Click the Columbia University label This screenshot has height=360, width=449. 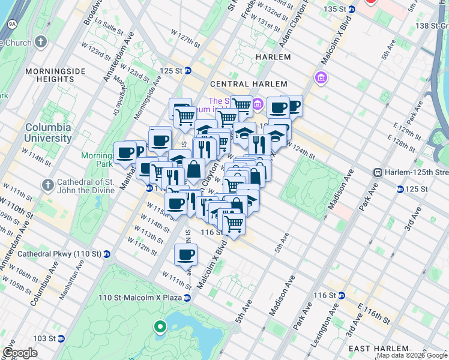pyautogui.click(x=47, y=133)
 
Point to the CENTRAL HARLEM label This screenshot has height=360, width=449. pyautogui.click(x=249, y=84)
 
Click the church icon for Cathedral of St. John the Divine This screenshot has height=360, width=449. pyautogui.click(x=47, y=183)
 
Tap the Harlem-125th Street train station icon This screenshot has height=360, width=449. pyautogui.click(x=378, y=172)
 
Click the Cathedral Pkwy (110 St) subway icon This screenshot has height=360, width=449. pyautogui.click(x=106, y=254)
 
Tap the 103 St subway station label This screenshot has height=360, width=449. pyautogui.click(x=44, y=338)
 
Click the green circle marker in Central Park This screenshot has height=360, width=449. pyautogui.click(x=160, y=327)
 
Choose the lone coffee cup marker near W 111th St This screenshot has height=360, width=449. pyautogui.click(x=185, y=255)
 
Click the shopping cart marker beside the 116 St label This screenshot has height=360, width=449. pyautogui.click(x=234, y=224)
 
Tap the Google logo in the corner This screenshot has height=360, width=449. pyautogui.click(x=20, y=353)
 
